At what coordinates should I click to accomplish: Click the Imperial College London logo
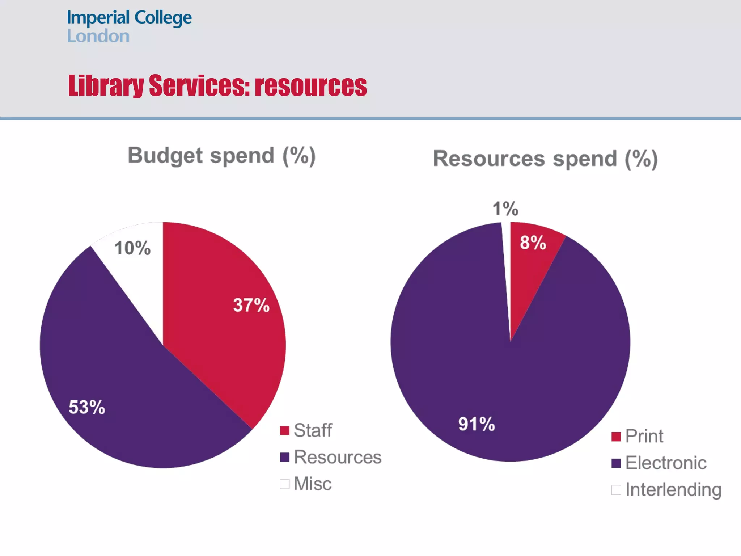(x=129, y=26)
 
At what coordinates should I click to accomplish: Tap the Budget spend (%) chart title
(x=222, y=156)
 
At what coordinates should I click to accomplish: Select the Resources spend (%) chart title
(x=545, y=159)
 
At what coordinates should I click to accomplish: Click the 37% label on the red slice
(x=251, y=305)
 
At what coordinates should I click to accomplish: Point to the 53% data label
(x=87, y=407)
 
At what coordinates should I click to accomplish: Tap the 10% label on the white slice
(x=132, y=248)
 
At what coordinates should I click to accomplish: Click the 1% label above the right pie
(x=505, y=209)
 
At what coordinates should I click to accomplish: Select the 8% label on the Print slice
(x=533, y=243)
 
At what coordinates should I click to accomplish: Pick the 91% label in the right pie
(x=476, y=424)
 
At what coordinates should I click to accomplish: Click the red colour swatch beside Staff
(x=285, y=431)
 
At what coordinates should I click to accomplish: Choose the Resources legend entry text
(x=337, y=457)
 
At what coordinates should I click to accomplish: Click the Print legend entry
(x=644, y=436)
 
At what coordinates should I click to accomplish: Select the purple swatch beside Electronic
(x=616, y=463)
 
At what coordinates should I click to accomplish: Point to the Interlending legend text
(x=673, y=490)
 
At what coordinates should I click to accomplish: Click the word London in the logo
(x=98, y=36)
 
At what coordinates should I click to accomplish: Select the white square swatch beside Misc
(x=285, y=484)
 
